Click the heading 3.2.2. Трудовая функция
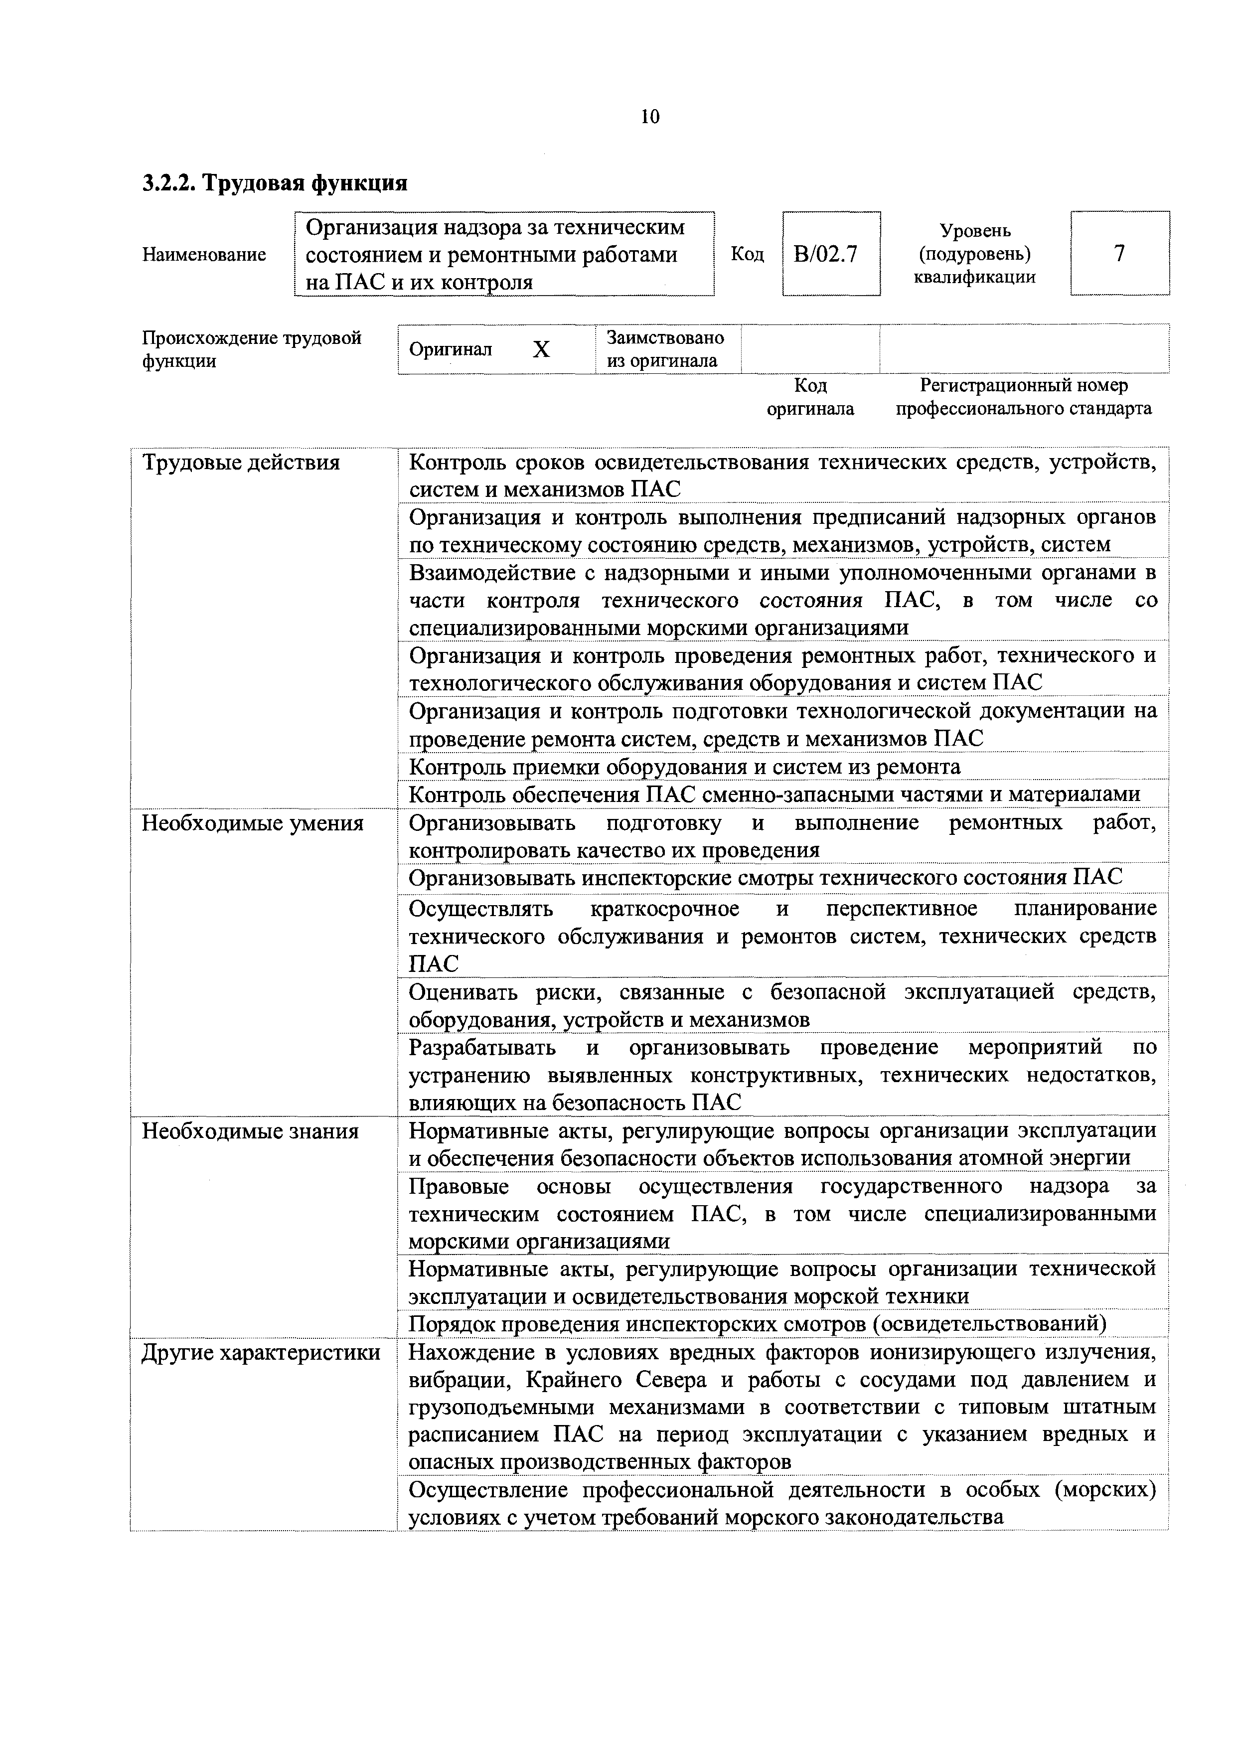(x=275, y=183)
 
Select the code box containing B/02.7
(x=831, y=254)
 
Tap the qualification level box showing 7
(x=1119, y=254)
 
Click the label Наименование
(x=204, y=254)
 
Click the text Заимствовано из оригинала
(x=665, y=349)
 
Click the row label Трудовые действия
(x=241, y=463)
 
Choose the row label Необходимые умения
(x=253, y=823)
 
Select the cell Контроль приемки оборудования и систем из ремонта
(x=685, y=766)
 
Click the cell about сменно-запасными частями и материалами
(x=774, y=795)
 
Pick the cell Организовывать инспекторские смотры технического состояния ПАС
(x=766, y=878)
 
